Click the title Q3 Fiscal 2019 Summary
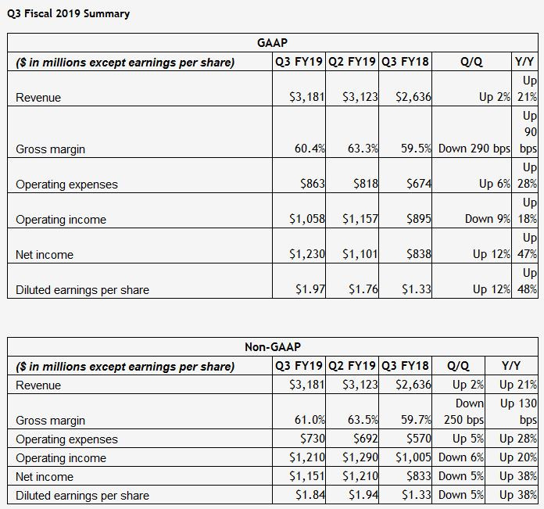69,13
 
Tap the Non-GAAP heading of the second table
271,347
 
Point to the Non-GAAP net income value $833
417,477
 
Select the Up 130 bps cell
517,411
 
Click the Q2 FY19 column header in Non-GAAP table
353,366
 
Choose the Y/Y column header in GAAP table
524,63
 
